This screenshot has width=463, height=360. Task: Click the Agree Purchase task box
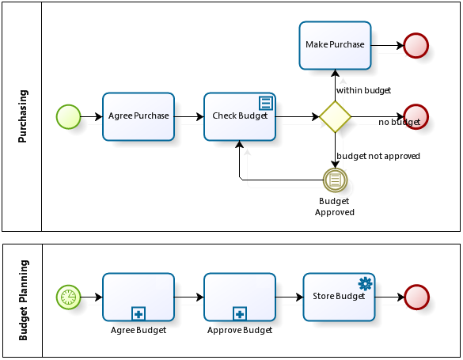(x=139, y=116)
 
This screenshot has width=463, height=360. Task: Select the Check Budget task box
(x=240, y=116)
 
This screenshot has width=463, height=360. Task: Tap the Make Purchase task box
(x=335, y=45)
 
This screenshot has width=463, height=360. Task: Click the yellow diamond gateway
(x=335, y=117)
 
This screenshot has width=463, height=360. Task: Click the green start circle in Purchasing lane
(x=69, y=117)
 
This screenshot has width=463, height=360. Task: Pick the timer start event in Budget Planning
(x=69, y=297)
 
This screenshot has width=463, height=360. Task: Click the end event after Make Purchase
(x=416, y=45)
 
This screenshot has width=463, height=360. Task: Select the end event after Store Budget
(x=416, y=297)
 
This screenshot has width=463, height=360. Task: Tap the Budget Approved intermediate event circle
(x=335, y=180)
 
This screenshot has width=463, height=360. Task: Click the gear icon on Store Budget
(x=366, y=283)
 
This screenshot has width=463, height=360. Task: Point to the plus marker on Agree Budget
(x=139, y=314)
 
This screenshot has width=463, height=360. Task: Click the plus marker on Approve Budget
(x=240, y=314)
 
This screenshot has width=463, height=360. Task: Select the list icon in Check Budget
(x=266, y=104)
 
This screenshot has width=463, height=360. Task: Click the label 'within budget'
(x=363, y=90)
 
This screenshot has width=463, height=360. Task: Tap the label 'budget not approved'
(x=378, y=156)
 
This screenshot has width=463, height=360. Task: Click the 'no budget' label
(x=399, y=122)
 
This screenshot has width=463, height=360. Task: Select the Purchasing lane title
(x=22, y=116)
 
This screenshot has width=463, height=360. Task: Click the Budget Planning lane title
(x=23, y=300)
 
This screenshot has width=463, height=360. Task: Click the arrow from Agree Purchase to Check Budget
(x=189, y=117)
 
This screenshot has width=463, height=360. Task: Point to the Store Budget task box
(x=339, y=297)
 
